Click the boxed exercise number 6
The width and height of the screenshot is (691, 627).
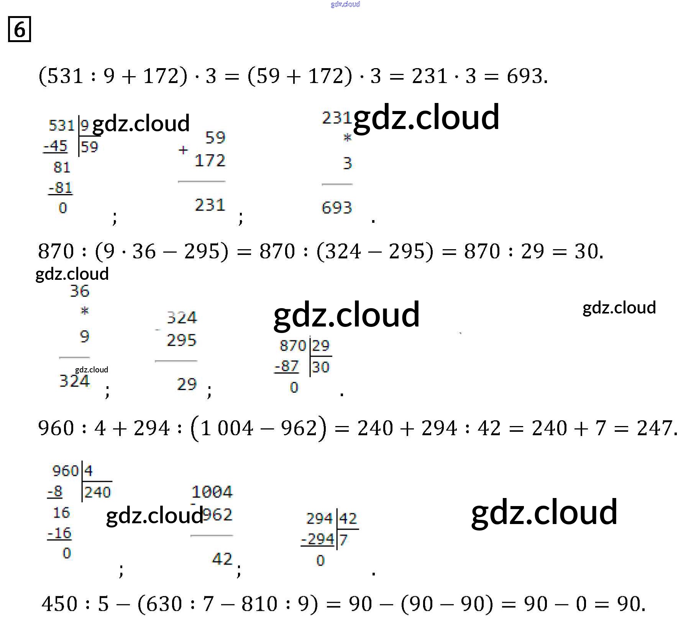coord(19,29)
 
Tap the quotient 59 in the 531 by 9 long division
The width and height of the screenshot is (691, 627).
coord(90,147)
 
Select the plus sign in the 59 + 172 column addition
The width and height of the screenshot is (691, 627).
coord(183,150)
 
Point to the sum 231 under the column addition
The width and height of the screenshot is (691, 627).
coord(210,205)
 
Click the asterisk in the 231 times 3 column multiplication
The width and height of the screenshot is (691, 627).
coord(347,138)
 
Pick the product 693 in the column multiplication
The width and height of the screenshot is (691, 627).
coord(336,207)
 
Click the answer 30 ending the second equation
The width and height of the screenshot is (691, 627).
coord(586,251)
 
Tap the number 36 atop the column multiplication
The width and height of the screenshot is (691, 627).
coord(79,291)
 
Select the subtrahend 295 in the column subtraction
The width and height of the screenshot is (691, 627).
coord(181,340)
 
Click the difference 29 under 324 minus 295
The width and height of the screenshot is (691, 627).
coord(187,384)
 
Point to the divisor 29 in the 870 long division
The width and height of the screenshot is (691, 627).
coord(321,345)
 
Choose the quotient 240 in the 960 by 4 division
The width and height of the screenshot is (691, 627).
coord(97,492)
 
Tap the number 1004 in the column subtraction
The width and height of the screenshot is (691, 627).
coord(212,491)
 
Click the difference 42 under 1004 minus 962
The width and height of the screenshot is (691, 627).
coord(222,559)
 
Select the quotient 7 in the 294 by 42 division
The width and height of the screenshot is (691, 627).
coord(343,540)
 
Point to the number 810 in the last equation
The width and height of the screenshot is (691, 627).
coord(259,604)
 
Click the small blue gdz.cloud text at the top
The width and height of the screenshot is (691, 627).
coord(345,4)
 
